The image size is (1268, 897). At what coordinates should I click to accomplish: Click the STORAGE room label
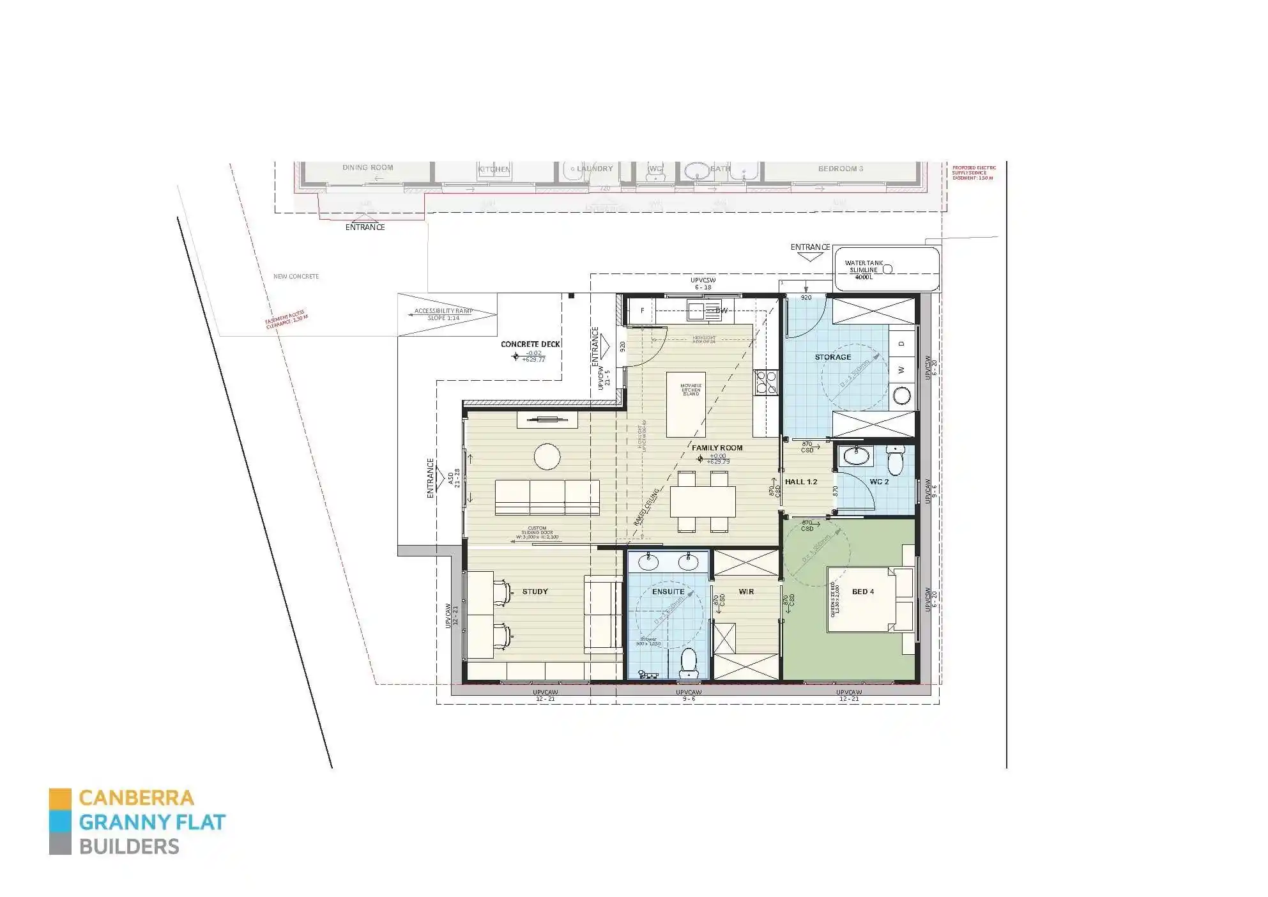(832, 357)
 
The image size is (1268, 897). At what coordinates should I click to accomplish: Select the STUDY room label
(535, 592)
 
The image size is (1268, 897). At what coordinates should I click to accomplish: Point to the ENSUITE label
(668, 592)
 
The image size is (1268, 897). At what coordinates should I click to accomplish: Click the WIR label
(746, 592)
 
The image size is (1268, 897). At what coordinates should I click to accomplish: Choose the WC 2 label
(879, 482)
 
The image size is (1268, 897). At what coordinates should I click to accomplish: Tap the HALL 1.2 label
(801, 482)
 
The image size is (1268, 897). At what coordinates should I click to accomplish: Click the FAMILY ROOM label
(717, 448)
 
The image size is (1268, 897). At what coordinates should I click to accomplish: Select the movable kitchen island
(685, 404)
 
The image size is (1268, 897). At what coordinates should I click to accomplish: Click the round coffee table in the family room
(547, 457)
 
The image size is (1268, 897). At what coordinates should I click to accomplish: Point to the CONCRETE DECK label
(530, 344)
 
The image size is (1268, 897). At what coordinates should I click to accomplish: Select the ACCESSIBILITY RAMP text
(443, 311)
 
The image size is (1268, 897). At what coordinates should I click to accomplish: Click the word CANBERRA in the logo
(136, 798)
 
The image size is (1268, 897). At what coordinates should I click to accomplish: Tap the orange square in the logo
(60, 799)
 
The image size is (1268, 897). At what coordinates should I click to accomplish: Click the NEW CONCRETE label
(296, 277)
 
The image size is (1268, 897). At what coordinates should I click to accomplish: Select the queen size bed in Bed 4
(862, 598)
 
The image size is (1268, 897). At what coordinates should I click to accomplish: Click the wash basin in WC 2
(855, 456)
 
